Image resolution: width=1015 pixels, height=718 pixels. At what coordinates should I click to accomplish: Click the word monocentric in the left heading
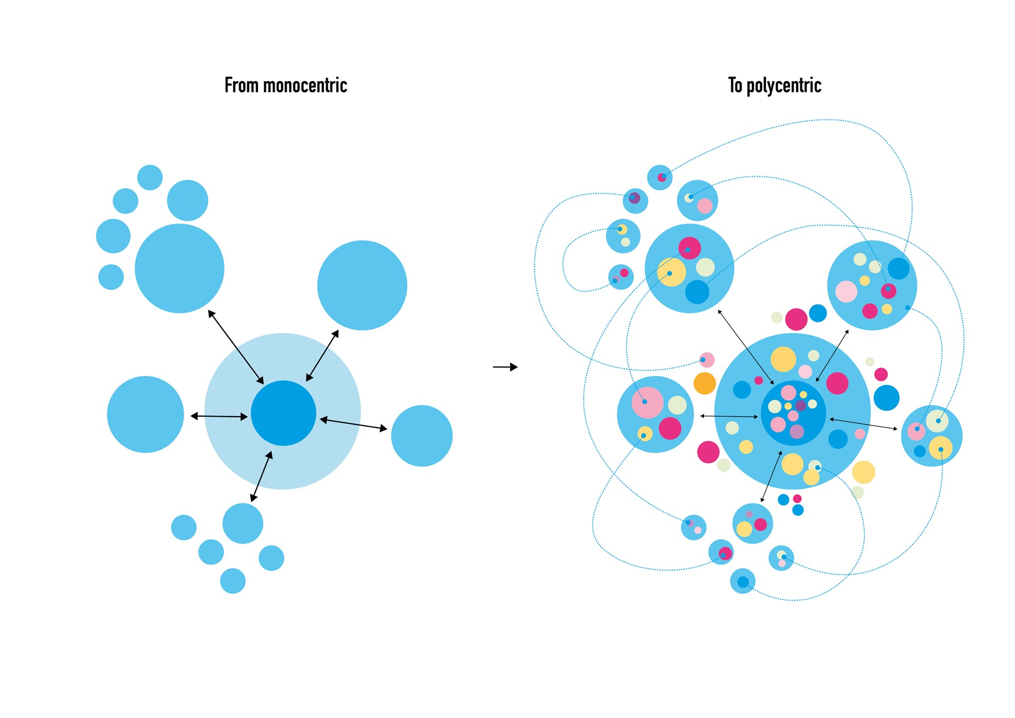pyautogui.click(x=305, y=85)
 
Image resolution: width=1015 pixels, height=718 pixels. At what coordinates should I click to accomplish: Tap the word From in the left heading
pyautogui.click(x=242, y=85)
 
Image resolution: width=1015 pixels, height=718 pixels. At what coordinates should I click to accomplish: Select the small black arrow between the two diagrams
pyautogui.click(x=505, y=367)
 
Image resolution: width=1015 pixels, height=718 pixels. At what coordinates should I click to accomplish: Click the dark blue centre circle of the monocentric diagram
pyautogui.click(x=283, y=413)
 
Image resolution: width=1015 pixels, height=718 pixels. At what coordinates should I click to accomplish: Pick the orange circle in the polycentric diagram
pyautogui.click(x=705, y=383)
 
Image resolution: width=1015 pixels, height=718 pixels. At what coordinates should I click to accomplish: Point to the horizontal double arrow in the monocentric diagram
pyautogui.click(x=219, y=417)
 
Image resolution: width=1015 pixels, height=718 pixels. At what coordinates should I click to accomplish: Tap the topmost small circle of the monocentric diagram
pyautogui.click(x=150, y=177)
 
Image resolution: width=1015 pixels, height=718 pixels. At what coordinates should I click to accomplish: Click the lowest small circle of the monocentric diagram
pyautogui.click(x=233, y=581)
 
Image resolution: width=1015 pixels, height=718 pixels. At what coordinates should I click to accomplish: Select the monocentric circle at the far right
pyautogui.click(x=422, y=436)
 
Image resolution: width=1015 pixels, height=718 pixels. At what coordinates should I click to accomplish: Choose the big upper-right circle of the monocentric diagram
pyautogui.click(x=362, y=286)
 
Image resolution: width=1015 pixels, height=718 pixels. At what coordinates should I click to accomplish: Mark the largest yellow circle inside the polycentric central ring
pyautogui.click(x=783, y=360)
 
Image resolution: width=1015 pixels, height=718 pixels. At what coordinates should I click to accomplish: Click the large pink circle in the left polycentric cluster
pyautogui.click(x=648, y=403)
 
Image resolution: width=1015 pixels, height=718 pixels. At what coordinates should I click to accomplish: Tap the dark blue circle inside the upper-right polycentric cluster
pyautogui.click(x=899, y=269)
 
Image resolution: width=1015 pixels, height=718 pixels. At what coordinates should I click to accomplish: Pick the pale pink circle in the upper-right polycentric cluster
pyautogui.click(x=846, y=291)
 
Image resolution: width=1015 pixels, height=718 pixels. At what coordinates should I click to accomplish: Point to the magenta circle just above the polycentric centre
pyautogui.click(x=796, y=319)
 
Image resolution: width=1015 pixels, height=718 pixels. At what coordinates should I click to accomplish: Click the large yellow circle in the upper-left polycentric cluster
pyautogui.click(x=671, y=272)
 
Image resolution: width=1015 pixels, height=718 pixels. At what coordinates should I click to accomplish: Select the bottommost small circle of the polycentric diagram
pyautogui.click(x=743, y=582)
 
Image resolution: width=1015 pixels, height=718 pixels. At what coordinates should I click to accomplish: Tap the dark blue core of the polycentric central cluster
pyautogui.click(x=793, y=413)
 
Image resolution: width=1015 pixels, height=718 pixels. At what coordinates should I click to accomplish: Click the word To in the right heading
pyautogui.click(x=735, y=85)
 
